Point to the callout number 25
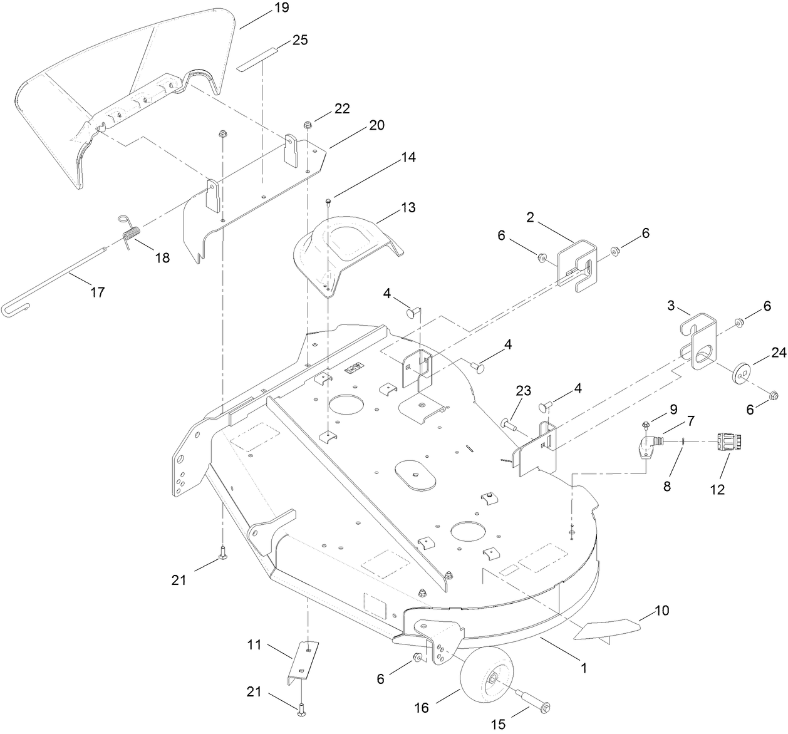(300, 40)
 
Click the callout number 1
(584, 668)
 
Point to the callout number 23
(523, 391)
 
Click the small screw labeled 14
(329, 200)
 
